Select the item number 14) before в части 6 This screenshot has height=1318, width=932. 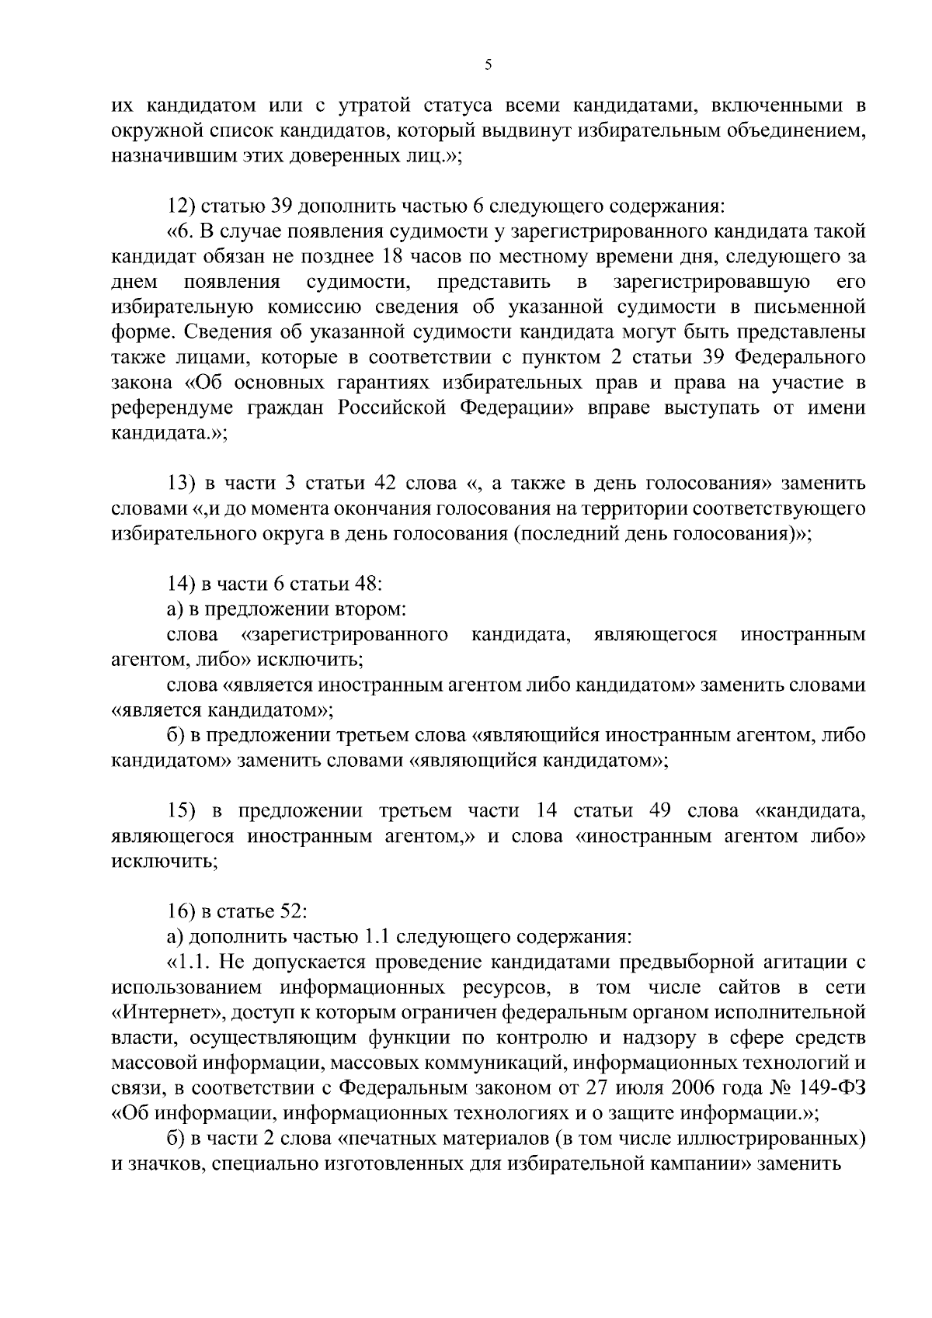click(x=183, y=584)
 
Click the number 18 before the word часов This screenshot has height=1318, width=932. click(x=395, y=256)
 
